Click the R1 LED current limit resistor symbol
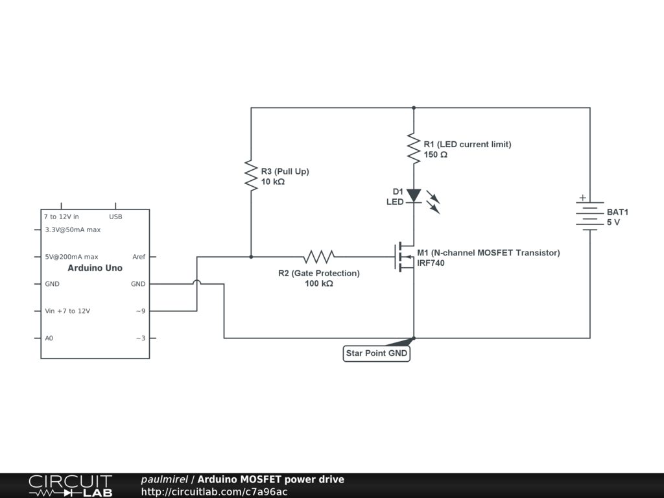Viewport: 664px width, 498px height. pyautogui.click(x=413, y=148)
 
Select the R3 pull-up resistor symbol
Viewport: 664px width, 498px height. pyautogui.click(x=251, y=175)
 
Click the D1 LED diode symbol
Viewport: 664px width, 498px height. pyautogui.click(x=414, y=195)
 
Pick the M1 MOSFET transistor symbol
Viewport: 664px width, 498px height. pyautogui.click(x=405, y=257)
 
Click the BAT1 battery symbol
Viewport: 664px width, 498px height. pyautogui.click(x=589, y=215)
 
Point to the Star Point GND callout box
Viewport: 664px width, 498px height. pyautogui.click(x=376, y=353)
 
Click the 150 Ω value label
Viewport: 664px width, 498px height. pyautogui.click(x=435, y=155)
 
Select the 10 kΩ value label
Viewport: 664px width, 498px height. pyautogui.click(x=272, y=182)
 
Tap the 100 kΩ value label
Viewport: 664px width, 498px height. pyautogui.click(x=318, y=283)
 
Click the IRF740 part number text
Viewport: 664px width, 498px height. pyautogui.click(x=431, y=263)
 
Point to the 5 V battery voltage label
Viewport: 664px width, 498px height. pyautogui.click(x=613, y=222)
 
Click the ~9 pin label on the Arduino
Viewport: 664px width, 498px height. pyautogui.click(x=140, y=311)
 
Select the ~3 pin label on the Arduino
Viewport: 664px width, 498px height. pyautogui.click(x=140, y=338)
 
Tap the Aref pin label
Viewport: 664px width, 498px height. pyautogui.click(x=139, y=257)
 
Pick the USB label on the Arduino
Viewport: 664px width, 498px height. pyautogui.click(x=115, y=217)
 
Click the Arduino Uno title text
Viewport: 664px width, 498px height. pyautogui.click(x=95, y=268)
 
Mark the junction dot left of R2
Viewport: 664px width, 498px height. pyautogui.click(x=251, y=257)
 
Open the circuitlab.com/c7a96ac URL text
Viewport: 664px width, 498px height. pyautogui.click(x=214, y=492)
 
